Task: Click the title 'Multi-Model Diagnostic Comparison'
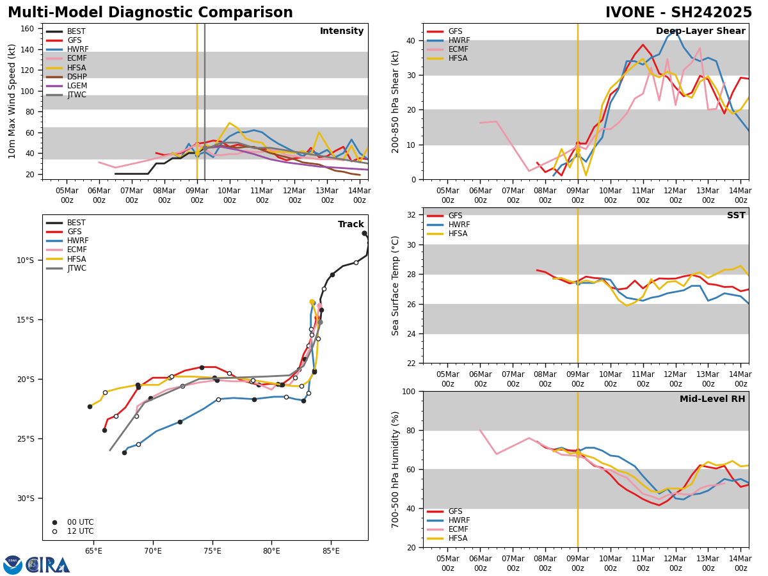pyautogui.click(x=150, y=13)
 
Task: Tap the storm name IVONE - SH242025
pyautogui.click(x=678, y=13)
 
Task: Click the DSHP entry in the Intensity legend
pyautogui.click(x=77, y=77)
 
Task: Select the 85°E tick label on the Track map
pyautogui.click(x=331, y=551)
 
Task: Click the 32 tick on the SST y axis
pyautogui.click(x=412, y=215)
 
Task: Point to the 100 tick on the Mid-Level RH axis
pyautogui.click(x=410, y=391)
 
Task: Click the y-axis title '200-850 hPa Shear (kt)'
pyautogui.click(x=396, y=101)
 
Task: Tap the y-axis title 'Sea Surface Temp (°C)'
pyautogui.click(x=396, y=285)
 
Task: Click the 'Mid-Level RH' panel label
pyautogui.click(x=712, y=399)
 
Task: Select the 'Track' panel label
pyautogui.click(x=351, y=225)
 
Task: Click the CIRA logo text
pyautogui.click(x=47, y=565)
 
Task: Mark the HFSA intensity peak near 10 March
pyautogui.click(x=229, y=123)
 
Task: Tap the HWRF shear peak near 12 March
pyautogui.click(x=675, y=29)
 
